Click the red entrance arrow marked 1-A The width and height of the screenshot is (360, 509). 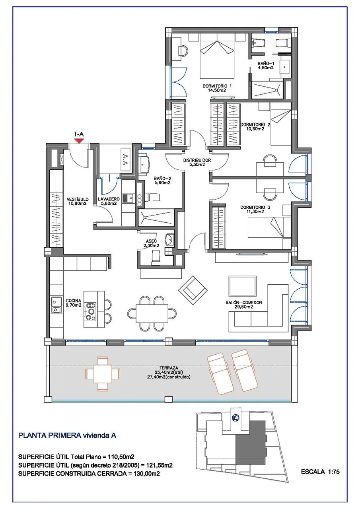[79, 141]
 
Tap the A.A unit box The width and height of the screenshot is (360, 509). [125, 159]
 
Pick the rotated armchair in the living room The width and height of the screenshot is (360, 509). [193, 290]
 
